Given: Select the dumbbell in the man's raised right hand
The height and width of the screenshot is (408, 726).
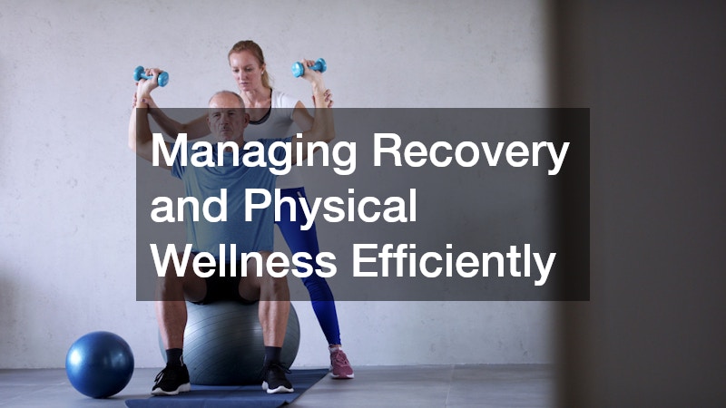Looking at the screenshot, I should (x=150, y=76).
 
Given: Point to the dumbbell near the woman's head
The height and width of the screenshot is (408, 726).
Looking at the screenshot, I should (x=309, y=68).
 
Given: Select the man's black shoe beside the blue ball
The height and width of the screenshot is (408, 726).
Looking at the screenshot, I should (x=171, y=378).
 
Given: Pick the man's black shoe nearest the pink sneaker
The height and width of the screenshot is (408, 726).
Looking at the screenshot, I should (x=277, y=375).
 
